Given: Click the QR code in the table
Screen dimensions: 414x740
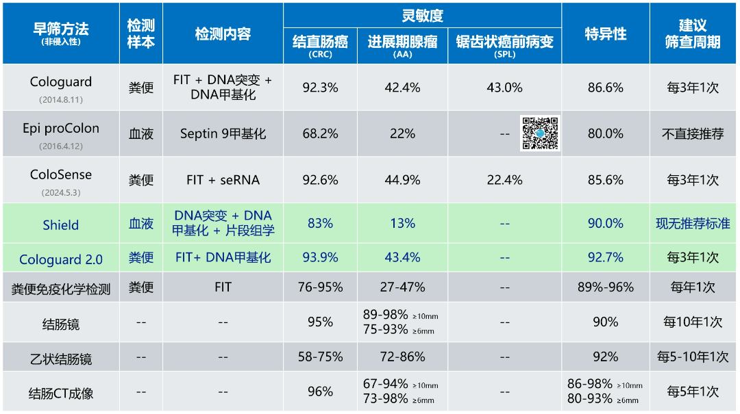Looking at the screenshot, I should [x=540, y=133].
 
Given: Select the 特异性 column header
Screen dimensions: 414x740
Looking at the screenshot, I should [x=605, y=34].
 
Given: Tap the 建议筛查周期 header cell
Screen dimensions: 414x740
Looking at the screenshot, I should [x=693, y=34].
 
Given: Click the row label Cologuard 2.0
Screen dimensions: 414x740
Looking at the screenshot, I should [x=61, y=259].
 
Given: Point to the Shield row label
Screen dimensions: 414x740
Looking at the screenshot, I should [x=60, y=225].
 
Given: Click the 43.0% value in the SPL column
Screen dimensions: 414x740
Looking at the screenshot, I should [x=504, y=88].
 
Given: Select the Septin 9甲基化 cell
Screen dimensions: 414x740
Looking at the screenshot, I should [x=223, y=134].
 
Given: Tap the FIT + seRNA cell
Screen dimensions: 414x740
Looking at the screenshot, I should [x=223, y=180].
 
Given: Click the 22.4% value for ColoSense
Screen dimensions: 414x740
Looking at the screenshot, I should [x=504, y=180].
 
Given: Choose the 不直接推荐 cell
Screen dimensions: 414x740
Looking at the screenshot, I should [x=693, y=134].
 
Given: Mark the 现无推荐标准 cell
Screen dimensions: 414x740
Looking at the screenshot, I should [x=693, y=224].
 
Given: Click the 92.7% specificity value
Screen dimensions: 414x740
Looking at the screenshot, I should [x=605, y=258].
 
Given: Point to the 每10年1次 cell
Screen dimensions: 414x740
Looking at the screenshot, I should [x=693, y=322].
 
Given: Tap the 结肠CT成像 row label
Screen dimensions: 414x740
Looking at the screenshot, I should [x=61, y=393].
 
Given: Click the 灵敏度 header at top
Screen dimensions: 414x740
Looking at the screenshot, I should [x=422, y=15].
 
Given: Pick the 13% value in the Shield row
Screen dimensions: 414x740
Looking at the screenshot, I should [x=402, y=224].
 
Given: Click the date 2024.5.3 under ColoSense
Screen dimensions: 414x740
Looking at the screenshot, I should [x=60, y=193].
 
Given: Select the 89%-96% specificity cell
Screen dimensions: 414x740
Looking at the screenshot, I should [x=605, y=287].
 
